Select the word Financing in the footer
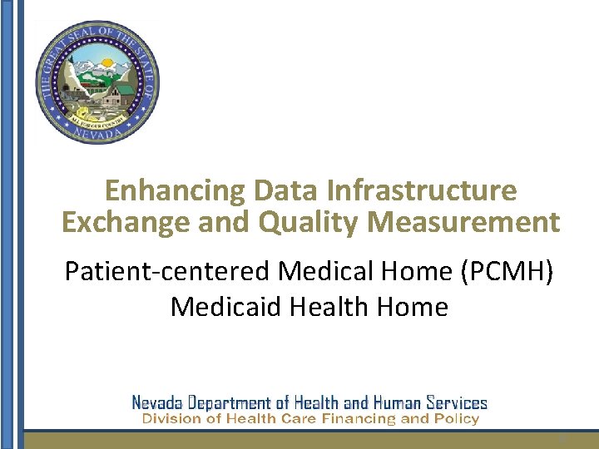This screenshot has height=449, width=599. click(x=354, y=419)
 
